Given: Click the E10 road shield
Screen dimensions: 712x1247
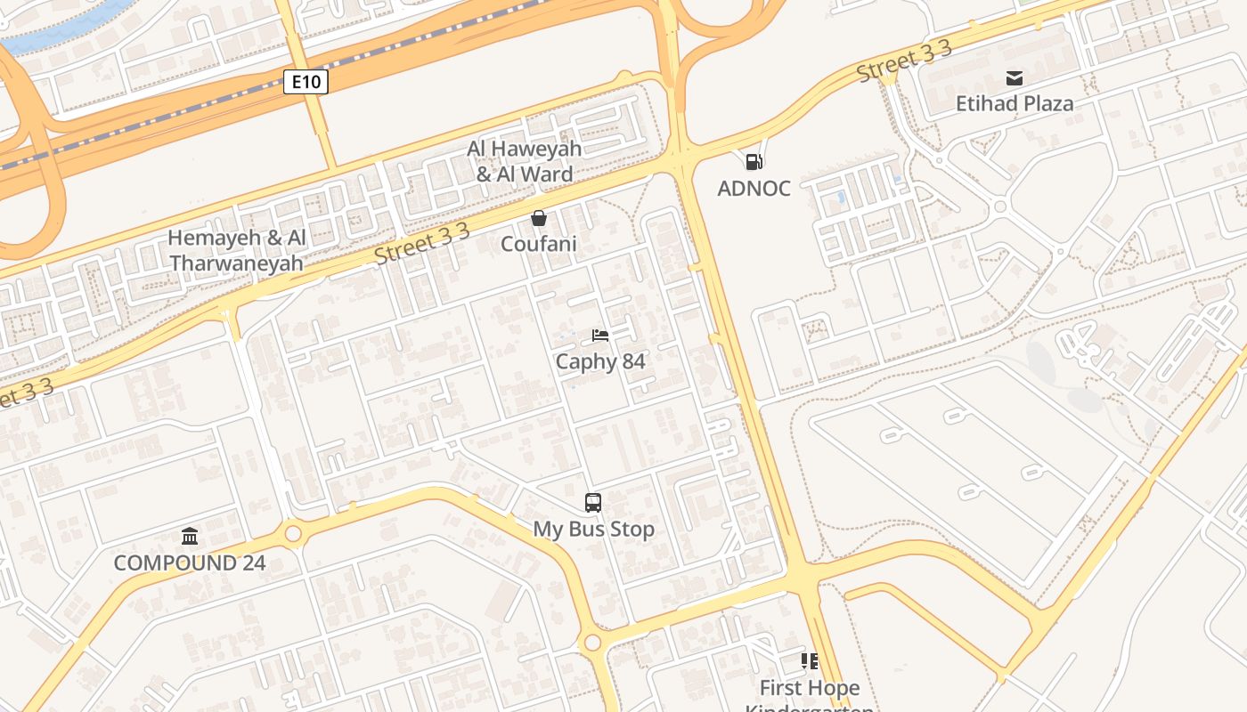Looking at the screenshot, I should (x=306, y=82).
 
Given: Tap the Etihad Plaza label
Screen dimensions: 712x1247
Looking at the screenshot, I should (x=1015, y=103).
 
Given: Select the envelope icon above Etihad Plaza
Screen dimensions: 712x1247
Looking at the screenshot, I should (x=1015, y=77).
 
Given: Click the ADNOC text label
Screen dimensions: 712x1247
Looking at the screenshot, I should (x=754, y=189).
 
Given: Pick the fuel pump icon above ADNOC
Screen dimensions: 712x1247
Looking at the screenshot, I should (x=754, y=162).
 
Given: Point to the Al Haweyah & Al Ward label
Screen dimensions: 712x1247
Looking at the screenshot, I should (x=525, y=161).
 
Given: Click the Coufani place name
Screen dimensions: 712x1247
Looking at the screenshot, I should (x=539, y=244).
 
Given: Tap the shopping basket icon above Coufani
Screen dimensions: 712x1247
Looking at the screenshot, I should (x=539, y=218).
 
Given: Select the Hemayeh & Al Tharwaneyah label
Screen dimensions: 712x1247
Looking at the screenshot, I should (x=237, y=250).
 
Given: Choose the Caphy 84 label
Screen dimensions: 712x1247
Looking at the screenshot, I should (x=600, y=361).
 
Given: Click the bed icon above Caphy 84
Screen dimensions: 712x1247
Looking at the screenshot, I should (x=600, y=336).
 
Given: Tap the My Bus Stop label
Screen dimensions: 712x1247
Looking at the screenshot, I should (x=593, y=529).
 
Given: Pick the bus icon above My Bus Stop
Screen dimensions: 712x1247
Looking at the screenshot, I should (x=593, y=503).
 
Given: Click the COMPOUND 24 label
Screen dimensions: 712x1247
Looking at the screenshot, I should (x=190, y=562).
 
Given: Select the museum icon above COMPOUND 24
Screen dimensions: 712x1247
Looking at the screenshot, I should (x=190, y=536).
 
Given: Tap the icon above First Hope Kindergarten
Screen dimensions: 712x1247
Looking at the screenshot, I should (x=810, y=661).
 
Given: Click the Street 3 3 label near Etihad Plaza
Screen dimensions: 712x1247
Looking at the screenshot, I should (x=904, y=61).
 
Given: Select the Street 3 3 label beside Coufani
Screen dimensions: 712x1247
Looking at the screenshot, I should (x=421, y=244).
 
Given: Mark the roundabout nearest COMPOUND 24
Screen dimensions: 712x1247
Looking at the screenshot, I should (x=292, y=534).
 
